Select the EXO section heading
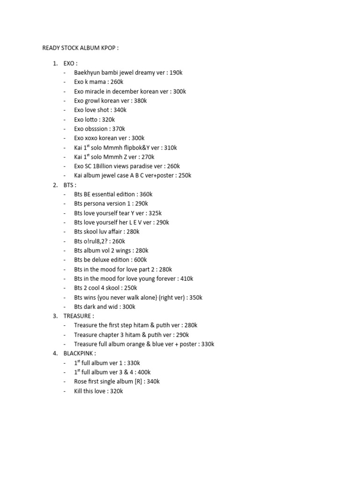pos(70,63)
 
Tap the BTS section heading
pos(70,185)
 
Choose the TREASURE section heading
pos(79,316)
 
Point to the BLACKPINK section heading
pos(80,353)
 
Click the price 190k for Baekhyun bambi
pos(176,73)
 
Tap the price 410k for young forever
pos(187,278)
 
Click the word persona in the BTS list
pos(94,203)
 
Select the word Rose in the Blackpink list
pos(81,382)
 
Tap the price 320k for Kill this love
pos(115,391)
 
